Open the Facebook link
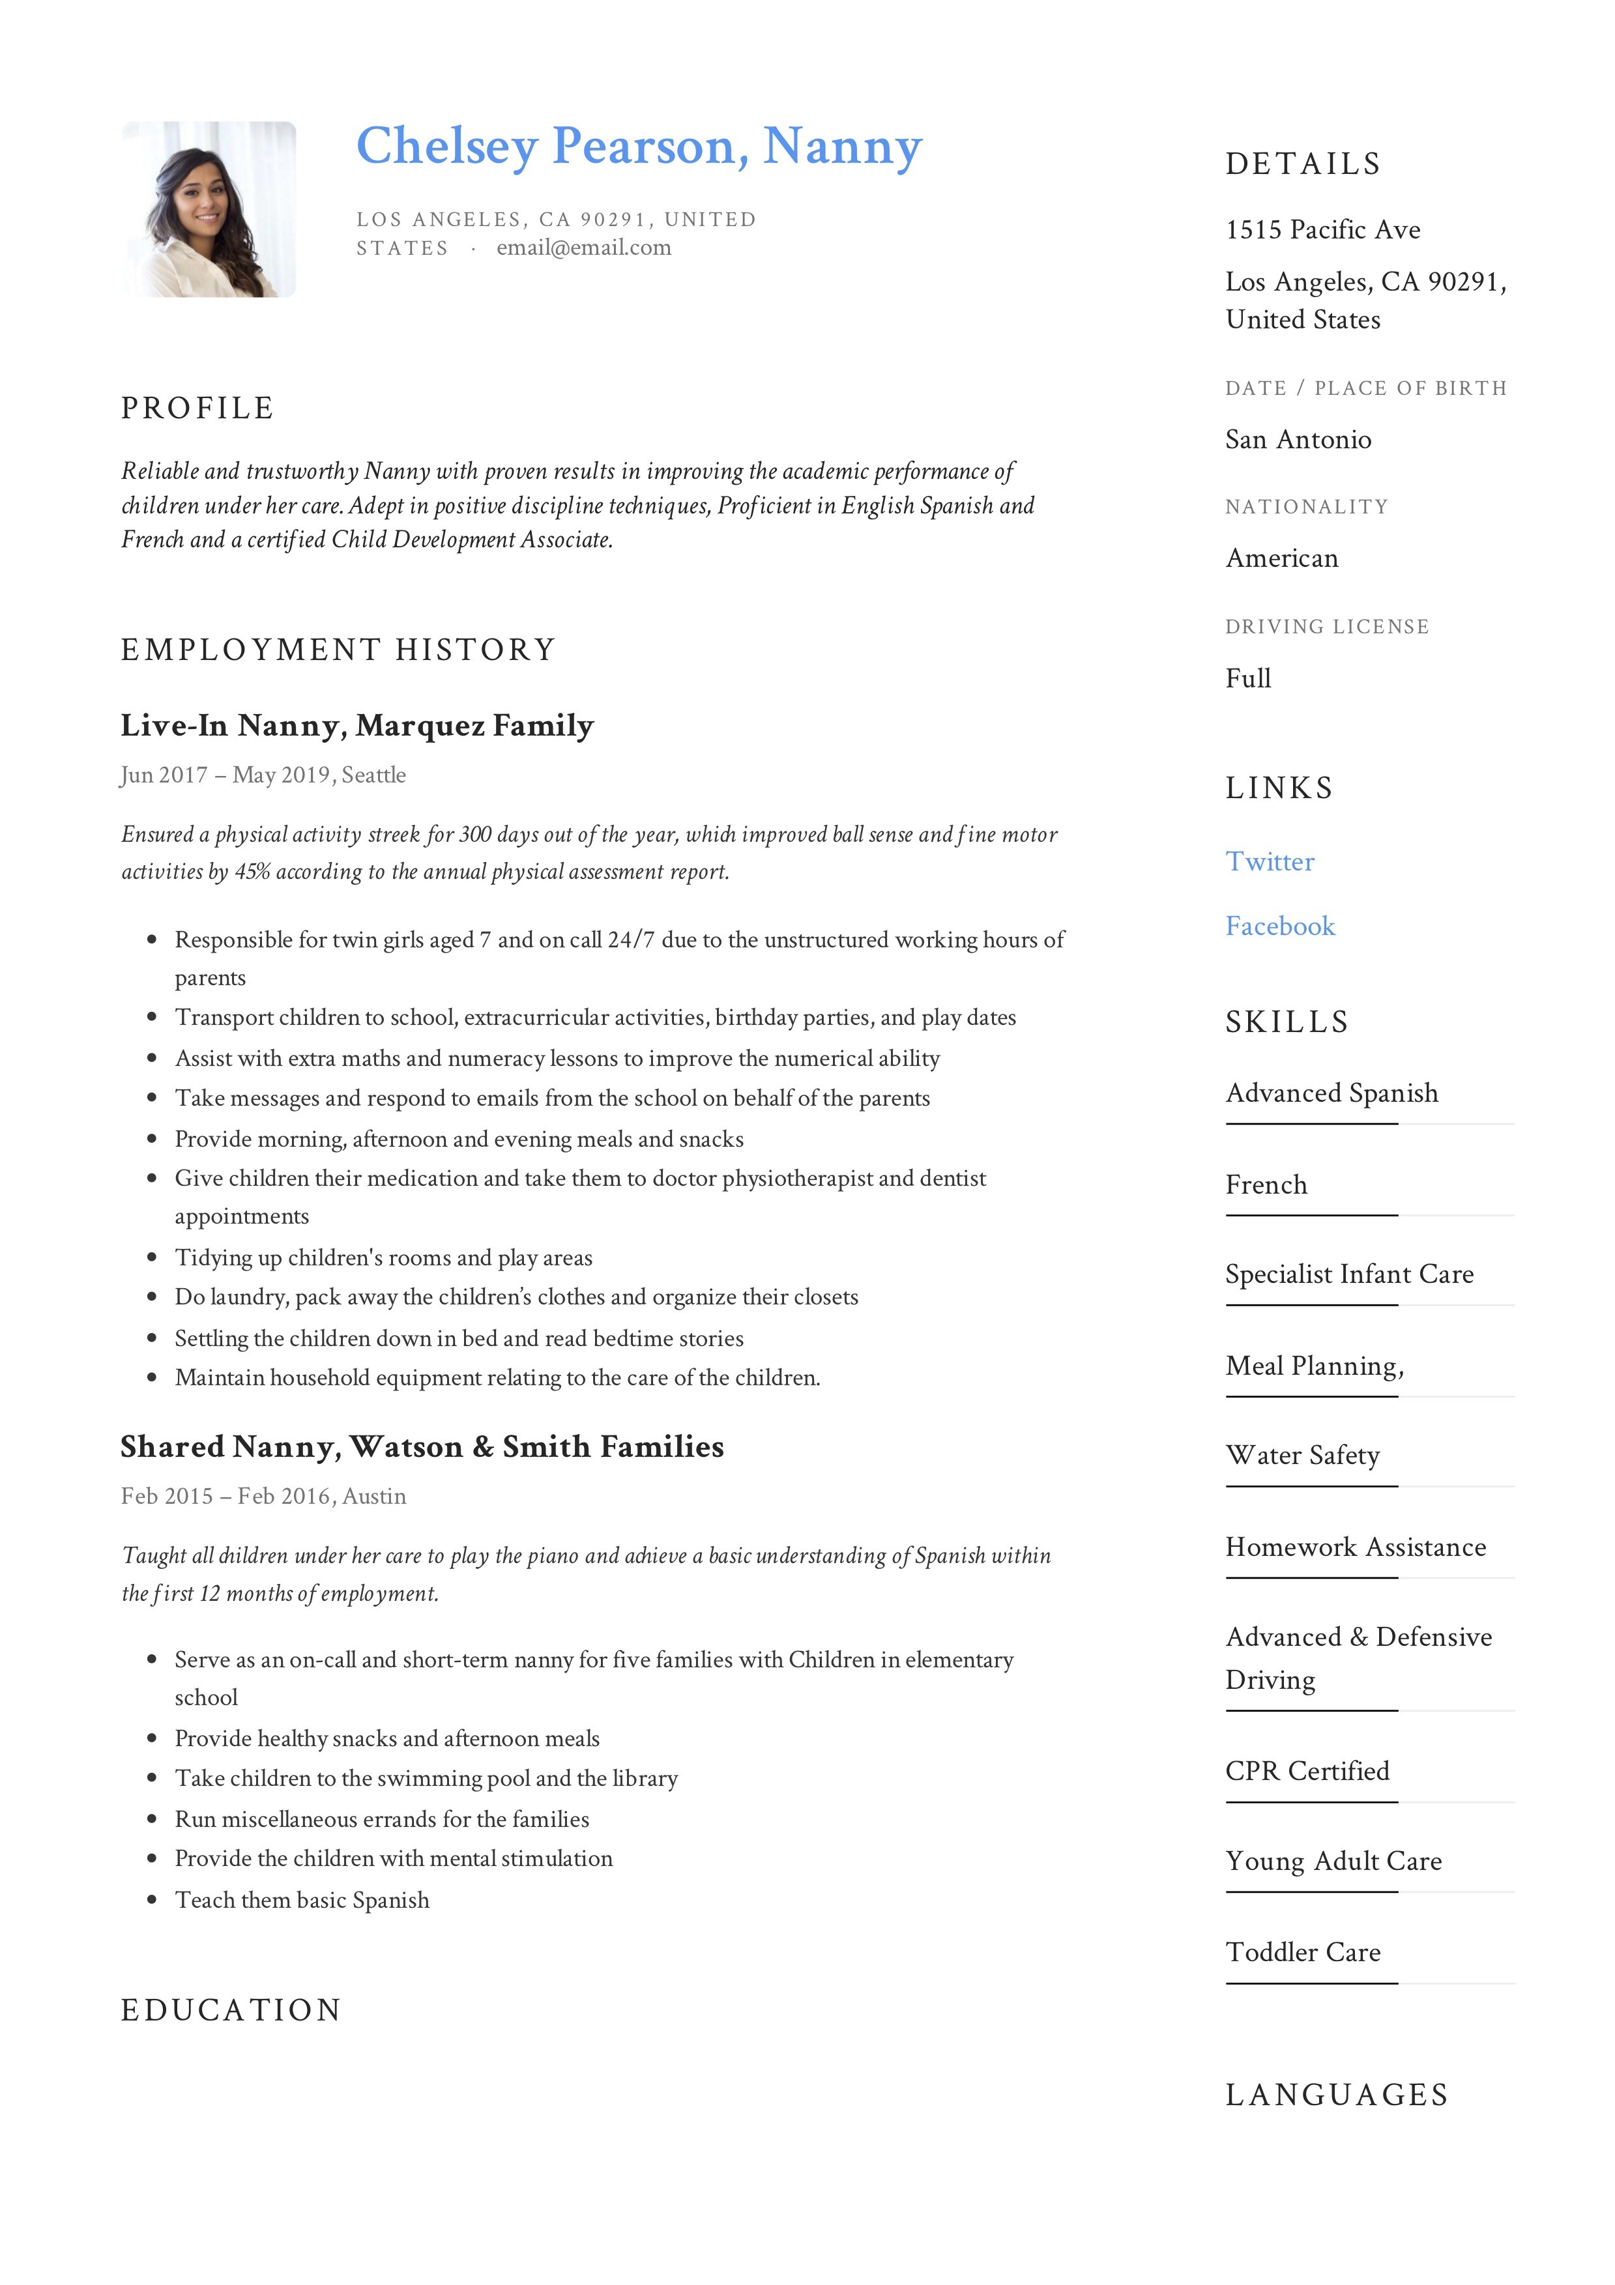coord(1279,926)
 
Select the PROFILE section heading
coord(197,408)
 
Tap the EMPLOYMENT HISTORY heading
coord(338,650)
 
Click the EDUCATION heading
coord(231,2010)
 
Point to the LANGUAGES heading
coord(1336,2095)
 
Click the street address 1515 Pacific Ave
coord(1322,230)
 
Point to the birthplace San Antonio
coord(1298,440)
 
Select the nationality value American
coord(1281,558)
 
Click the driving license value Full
coord(1247,679)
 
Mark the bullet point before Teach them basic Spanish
coord(153,1900)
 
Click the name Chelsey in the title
coord(447,147)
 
